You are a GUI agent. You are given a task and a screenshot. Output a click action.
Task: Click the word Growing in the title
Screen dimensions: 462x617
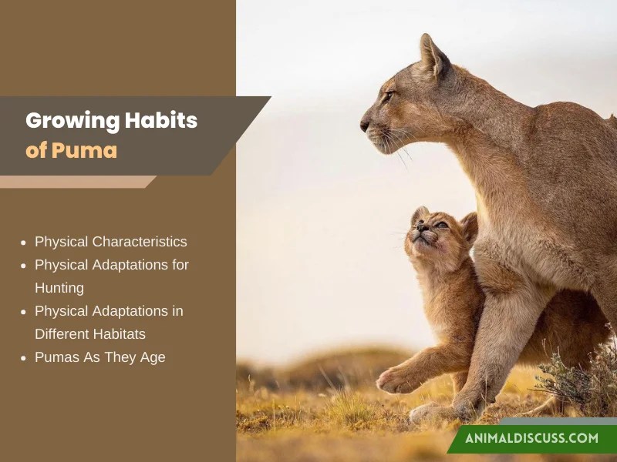coord(69,121)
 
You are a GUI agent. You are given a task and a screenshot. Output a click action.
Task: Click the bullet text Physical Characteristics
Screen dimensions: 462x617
coord(110,242)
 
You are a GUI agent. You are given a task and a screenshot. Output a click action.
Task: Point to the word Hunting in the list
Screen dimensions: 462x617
coord(59,288)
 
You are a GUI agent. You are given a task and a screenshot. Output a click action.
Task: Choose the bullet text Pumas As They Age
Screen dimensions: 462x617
coord(99,357)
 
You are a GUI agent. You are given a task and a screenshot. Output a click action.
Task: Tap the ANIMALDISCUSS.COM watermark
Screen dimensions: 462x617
coord(531,438)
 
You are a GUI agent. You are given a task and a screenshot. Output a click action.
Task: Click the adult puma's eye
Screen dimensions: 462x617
coord(388,96)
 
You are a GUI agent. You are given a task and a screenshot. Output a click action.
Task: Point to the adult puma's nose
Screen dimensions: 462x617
coord(363,123)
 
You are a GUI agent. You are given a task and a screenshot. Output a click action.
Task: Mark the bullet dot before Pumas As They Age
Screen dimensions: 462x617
coord(24,358)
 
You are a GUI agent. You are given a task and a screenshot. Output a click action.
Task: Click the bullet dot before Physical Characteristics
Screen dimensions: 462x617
coord(24,243)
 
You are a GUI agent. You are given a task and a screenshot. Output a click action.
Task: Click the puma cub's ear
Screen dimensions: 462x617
coord(468,226)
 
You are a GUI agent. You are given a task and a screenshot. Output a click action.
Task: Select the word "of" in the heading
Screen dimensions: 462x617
coord(35,150)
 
